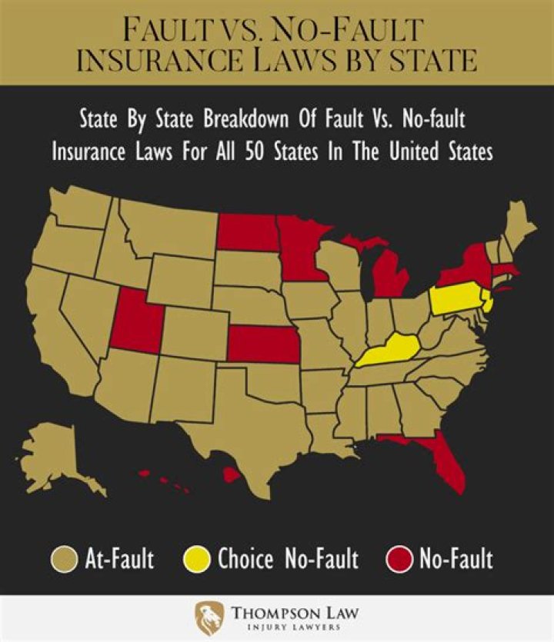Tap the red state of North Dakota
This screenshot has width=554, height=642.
[x=246, y=232]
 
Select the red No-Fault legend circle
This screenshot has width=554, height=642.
[x=401, y=559]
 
